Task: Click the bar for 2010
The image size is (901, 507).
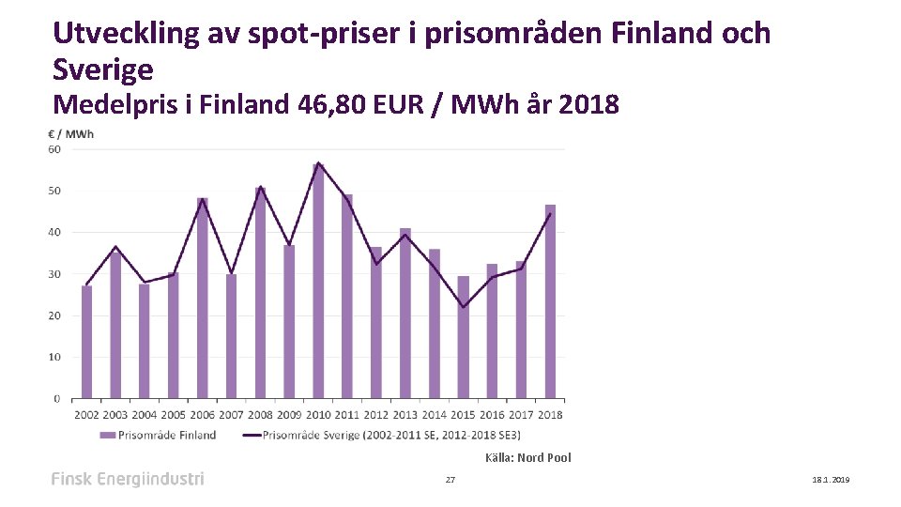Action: click(318, 282)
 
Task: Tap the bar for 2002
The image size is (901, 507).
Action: click(86, 342)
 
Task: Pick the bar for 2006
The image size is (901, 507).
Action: click(203, 298)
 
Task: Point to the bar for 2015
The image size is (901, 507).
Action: click(463, 337)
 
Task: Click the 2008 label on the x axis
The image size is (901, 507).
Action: click(260, 414)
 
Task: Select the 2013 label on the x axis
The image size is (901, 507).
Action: click(405, 414)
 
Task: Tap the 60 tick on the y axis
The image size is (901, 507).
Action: click(54, 149)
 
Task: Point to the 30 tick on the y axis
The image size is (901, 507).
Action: click(54, 274)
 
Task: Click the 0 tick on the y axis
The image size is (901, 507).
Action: click(57, 399)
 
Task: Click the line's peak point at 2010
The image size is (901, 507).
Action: click(318, 163)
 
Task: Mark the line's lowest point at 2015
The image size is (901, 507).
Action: click(463, 307)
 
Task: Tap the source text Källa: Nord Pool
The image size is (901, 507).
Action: click(527, 458)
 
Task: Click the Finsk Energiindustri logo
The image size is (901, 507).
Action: click(127, 479)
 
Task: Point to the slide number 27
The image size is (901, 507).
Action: click(450, 480)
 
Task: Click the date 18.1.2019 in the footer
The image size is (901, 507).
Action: click(830, 480)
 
